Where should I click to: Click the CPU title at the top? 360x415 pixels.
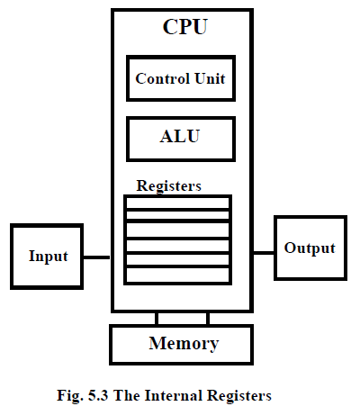184,26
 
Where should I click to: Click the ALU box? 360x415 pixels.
180,138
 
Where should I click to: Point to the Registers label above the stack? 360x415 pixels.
168,185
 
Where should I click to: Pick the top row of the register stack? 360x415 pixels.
177,203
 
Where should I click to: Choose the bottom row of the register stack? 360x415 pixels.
177,275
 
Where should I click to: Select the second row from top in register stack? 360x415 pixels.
177,216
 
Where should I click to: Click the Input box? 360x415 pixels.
48,256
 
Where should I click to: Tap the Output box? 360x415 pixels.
310,248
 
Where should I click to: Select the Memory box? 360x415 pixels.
183,343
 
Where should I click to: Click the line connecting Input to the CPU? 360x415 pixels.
98,257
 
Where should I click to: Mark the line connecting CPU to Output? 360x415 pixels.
264,252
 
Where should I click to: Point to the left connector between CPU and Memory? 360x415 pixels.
157,318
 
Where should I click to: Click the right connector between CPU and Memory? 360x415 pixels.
208,318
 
